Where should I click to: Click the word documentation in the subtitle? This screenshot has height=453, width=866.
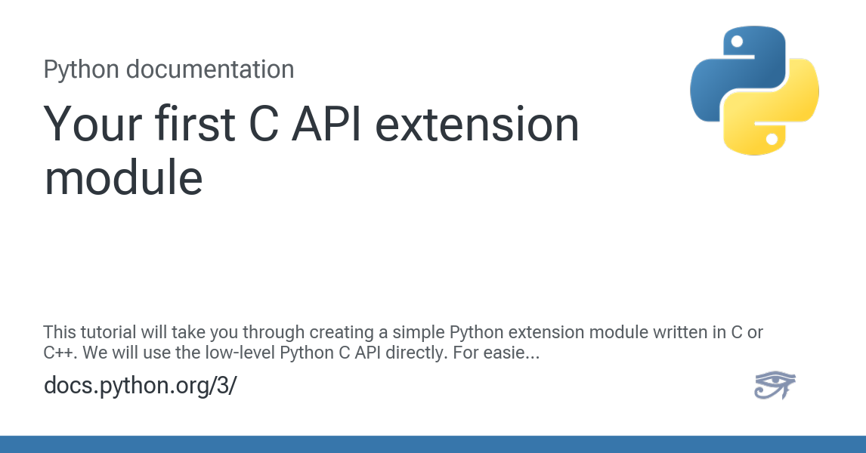[210, 69]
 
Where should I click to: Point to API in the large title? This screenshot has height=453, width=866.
[327, 124]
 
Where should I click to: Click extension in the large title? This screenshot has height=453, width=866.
[477, 124]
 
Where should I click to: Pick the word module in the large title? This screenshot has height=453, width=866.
[124, 177]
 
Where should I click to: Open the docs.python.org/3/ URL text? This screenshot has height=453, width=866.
[141, 386]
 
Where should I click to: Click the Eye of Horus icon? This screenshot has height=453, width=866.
[775, 384]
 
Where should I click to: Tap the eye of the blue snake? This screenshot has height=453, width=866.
[737, 42]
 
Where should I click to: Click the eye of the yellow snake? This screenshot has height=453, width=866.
[772, 139]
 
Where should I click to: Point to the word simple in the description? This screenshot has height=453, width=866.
[418, 333]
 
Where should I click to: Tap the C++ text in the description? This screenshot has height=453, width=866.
[60, 353]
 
